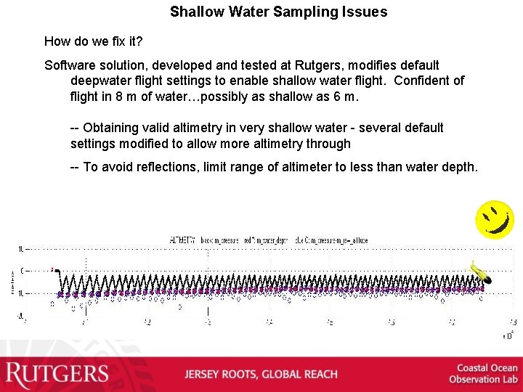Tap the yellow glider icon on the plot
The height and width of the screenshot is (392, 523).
coord(481,272)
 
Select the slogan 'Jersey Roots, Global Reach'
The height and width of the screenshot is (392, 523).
coord(261,375)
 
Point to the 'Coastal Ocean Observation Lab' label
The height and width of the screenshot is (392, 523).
coord(483,374)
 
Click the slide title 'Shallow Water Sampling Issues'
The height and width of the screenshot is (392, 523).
coord(278,12)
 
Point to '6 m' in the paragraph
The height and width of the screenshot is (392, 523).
coord(344,97)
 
